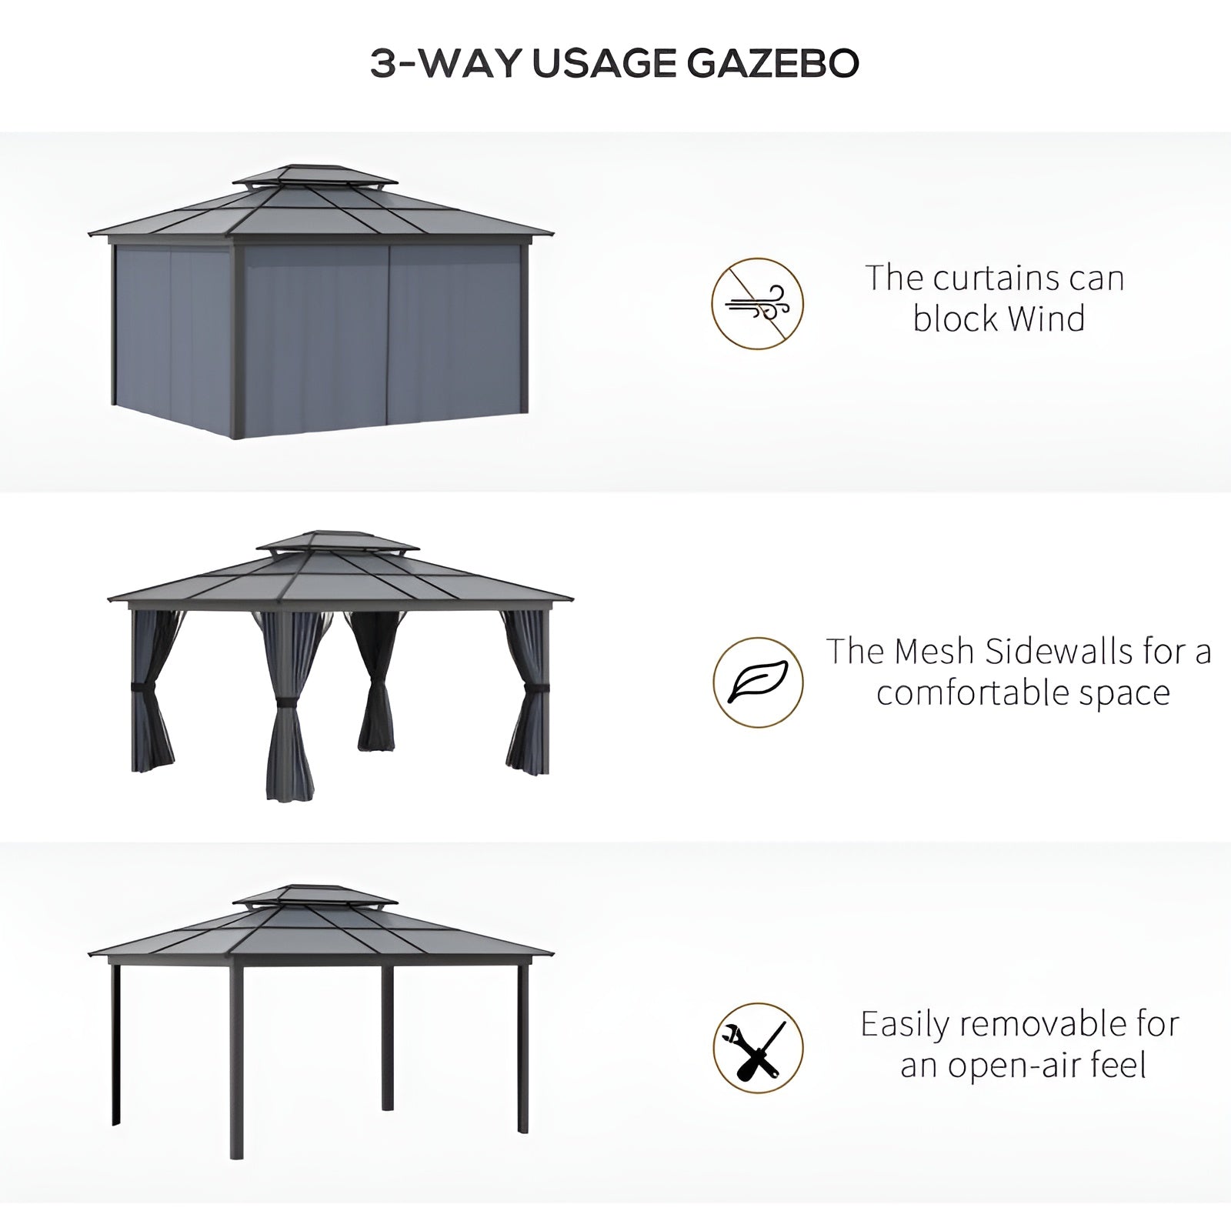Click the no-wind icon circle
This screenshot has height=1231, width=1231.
pyautogui.click(x=757, y=304)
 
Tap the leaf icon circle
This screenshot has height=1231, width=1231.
pyautogui.click(x=758, y=682)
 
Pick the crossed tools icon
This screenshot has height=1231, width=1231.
pyautogui.click(x=758, y=1048)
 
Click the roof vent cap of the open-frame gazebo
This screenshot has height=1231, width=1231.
pyautogui.click(x=315, y=896)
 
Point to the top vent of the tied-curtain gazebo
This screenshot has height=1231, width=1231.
pyautogui.click(x=338, y=542)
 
